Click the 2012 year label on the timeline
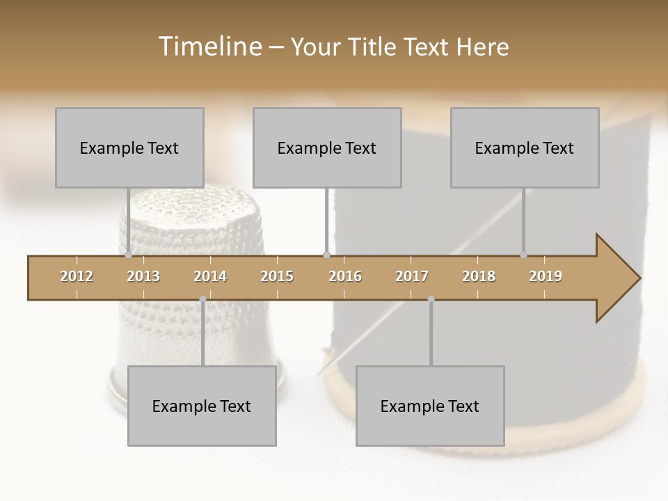coord(77,276)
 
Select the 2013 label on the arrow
coord(143,276)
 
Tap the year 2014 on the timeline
coord(210,276)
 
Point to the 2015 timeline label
coord(277,276)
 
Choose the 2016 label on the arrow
coord(345,276)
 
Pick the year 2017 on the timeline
coord(412,276)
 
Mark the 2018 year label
coord(479,276)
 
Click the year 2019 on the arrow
coord(546,276)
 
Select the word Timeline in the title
coord(209,47)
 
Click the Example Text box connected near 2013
coord(129,148)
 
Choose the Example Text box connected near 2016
coord(327,148)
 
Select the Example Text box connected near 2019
coord(525,148)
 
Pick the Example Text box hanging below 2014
coord(202,406)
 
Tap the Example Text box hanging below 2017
coord(430,406)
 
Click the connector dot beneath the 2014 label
coord(202,299)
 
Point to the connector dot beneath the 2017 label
coord(431,299)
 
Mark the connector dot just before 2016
coord(326,255)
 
